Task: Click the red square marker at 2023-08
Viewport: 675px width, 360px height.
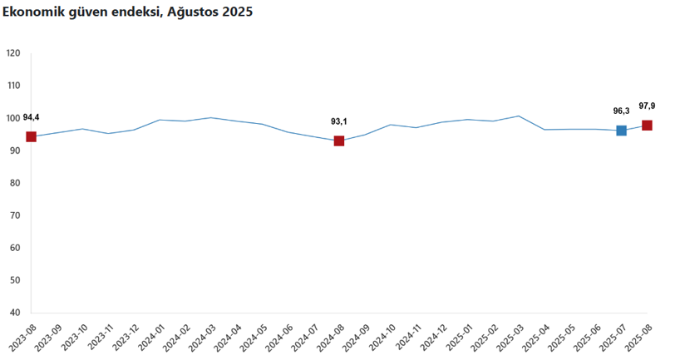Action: (x=32, y=136)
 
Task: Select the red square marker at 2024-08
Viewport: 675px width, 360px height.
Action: (x=339, y=141)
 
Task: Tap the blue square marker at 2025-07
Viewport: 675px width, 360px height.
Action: (x=621, y=131)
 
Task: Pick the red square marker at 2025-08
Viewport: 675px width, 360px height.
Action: (x=647, y=126)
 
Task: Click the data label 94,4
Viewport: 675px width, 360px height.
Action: (x=32, y=117)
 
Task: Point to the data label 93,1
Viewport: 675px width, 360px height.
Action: (x=339, y=121)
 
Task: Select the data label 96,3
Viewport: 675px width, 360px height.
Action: (x=621, y=111)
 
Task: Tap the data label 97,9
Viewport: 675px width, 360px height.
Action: (x=647, y=106)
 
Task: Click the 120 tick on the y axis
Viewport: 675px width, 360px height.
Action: (x=13, y=53)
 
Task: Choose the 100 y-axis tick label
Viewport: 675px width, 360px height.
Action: (x=13, y=118)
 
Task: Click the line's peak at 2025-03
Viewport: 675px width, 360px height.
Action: (x=519, y=116)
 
